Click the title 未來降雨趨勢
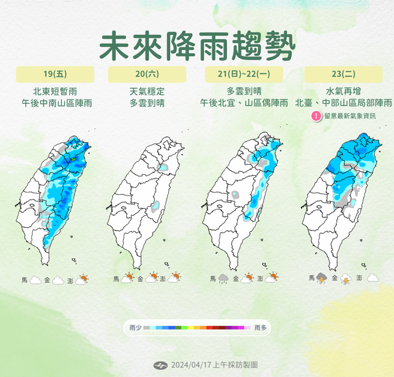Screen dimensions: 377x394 click(x=198, y=44)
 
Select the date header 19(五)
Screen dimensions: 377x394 click(x=55, y=75)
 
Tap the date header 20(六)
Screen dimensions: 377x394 click(x=147, y=75)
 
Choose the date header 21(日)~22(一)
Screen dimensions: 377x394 click(x=244, y=75)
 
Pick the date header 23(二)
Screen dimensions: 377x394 click(x=344, y=75)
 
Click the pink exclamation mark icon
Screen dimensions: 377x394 click(x=316, y=116)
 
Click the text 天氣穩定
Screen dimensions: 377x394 click(x=147, y=91)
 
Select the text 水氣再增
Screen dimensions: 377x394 click(x=344, y=91)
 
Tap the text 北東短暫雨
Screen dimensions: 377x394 click(x=55, y=91)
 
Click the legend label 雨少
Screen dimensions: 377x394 click(x=135, y=328)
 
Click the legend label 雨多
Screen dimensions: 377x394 click(x=260, y=328)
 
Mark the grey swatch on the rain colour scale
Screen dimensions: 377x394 click(x=147, y=328)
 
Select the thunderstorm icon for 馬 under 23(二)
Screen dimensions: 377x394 click(x=322, y=278)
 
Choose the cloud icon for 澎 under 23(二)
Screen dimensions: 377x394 click(x=372, y=278)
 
